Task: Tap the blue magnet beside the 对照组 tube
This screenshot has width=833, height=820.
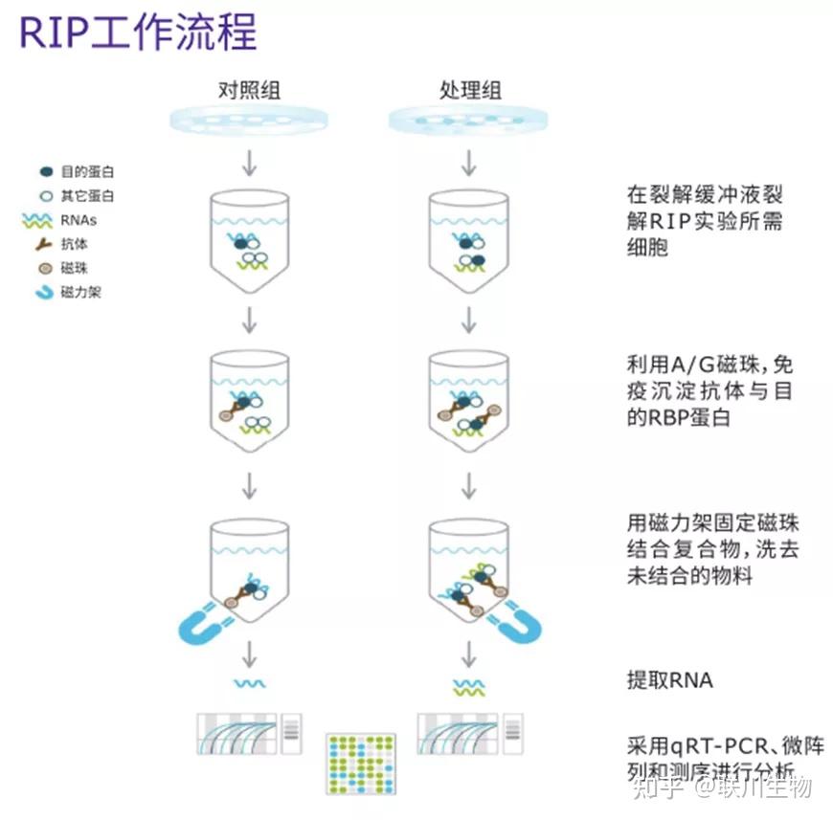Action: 202,623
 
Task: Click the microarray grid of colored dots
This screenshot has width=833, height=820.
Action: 361,763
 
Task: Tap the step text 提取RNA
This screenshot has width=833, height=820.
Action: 670,680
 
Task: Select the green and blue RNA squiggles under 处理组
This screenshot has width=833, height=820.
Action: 468,687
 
